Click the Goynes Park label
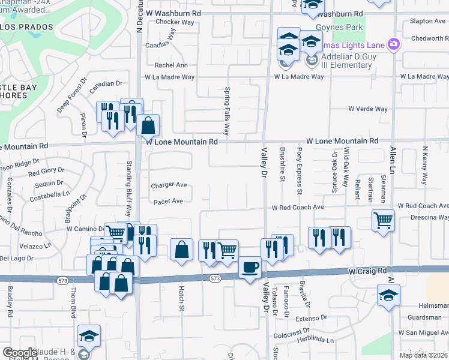[348, 27]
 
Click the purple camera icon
[394, 43]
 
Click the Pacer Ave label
[167, 202]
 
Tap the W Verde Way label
[368, 109]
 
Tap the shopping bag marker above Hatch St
[181, 250]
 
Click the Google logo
[20, 353]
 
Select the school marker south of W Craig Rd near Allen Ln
[388, 295]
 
